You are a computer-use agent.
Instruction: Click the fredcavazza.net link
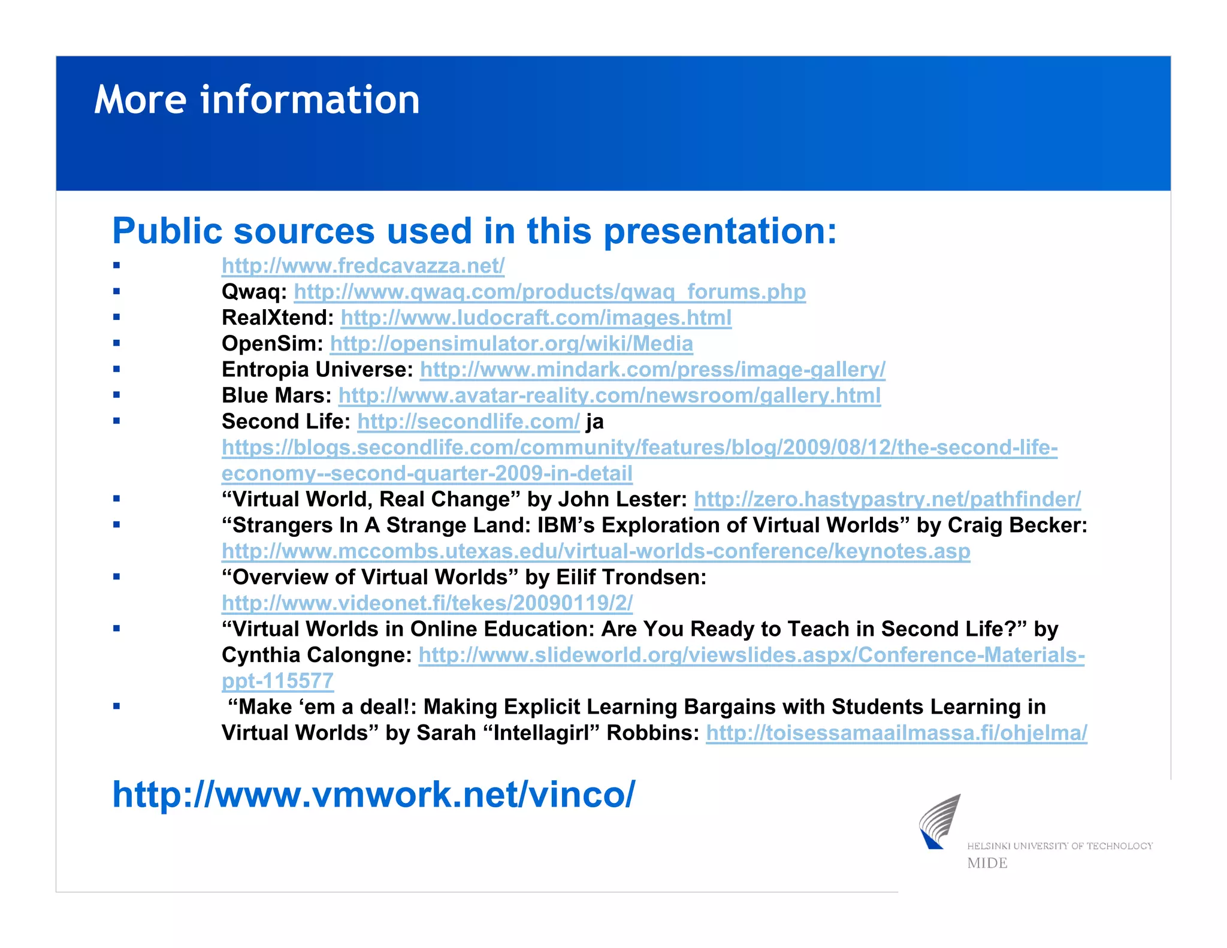pos(363,265)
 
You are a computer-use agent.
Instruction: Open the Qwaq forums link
pos(549,292)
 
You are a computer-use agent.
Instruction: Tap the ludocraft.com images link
pos(536,318)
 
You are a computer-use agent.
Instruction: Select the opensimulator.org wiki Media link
pos(511,343)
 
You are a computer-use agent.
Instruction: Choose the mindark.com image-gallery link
pos(652,370)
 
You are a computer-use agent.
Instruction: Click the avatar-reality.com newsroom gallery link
pos(609,395)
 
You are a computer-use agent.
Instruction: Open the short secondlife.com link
pos(468,421)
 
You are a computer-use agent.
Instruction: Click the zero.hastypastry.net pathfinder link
pos(887,499)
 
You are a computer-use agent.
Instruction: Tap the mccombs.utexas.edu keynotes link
pos(596,551)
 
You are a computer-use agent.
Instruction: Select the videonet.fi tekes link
pos(427,603)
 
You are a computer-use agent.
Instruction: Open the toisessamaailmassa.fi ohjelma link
pos(896,733)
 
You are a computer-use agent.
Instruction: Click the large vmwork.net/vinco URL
pos(373,795)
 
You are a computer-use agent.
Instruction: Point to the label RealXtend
pos(277,318)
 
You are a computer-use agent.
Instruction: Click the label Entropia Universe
pos(317,370)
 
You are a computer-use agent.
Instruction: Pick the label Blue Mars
pos(276,395)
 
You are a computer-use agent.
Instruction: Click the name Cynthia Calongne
pos(316,655)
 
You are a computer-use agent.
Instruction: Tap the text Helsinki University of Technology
pos(1059,846)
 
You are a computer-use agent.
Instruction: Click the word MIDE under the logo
pos(987,864)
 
